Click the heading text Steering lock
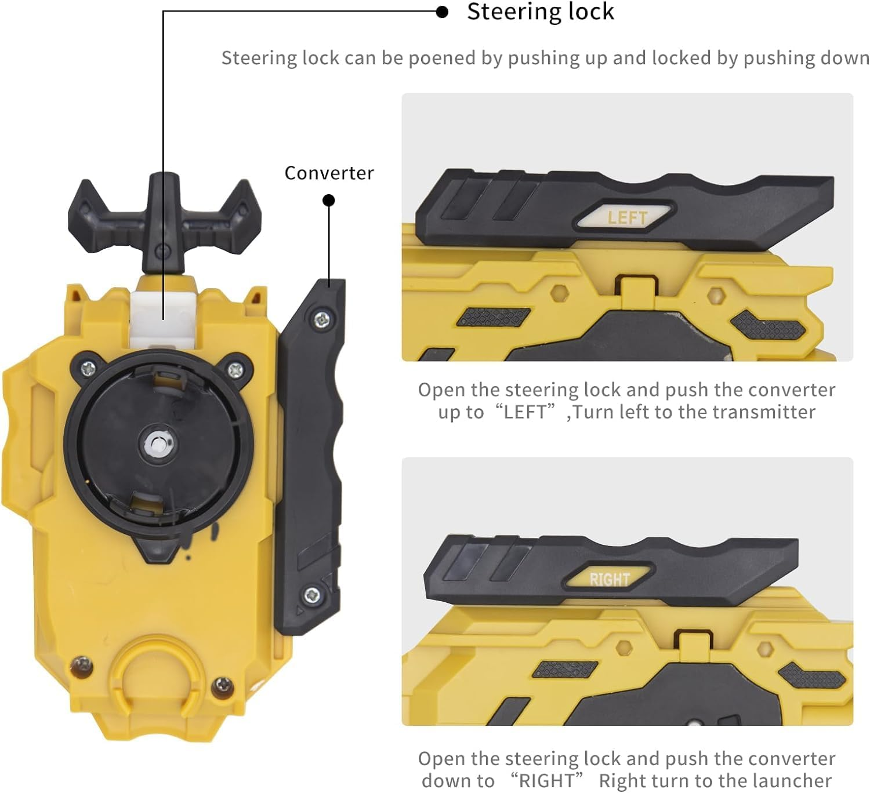coord(540,12)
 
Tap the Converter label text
coord(329,173)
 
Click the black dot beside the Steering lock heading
coord(442,12)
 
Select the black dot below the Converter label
coord(329,201)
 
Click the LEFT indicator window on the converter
coord(626,217)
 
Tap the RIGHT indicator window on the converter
coord(609,578)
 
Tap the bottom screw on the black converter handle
coord(312,594)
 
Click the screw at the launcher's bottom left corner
coord(81,665)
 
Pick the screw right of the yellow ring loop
coord(223,686)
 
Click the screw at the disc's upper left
coord(88,367)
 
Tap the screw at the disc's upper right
coord(235,369)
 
